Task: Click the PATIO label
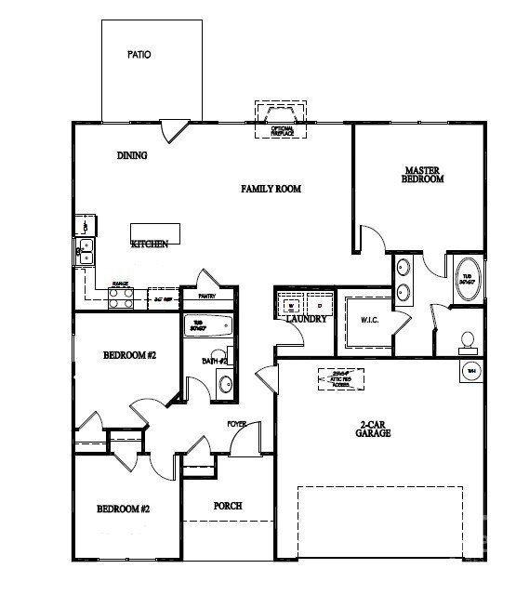point(139,55)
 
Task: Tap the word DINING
point(132,155)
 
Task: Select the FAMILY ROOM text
point(271,189)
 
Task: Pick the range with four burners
point(120,297)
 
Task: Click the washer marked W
point(290,304)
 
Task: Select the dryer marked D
point(318,304)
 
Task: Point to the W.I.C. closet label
point(368,321)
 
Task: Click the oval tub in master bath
point(467,279)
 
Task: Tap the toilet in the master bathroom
point(469,341)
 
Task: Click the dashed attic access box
point(340,378)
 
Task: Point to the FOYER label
point(237,424)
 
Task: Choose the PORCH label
point(228,506)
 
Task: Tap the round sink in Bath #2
point(225,382)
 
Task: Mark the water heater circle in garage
point(470,371)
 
